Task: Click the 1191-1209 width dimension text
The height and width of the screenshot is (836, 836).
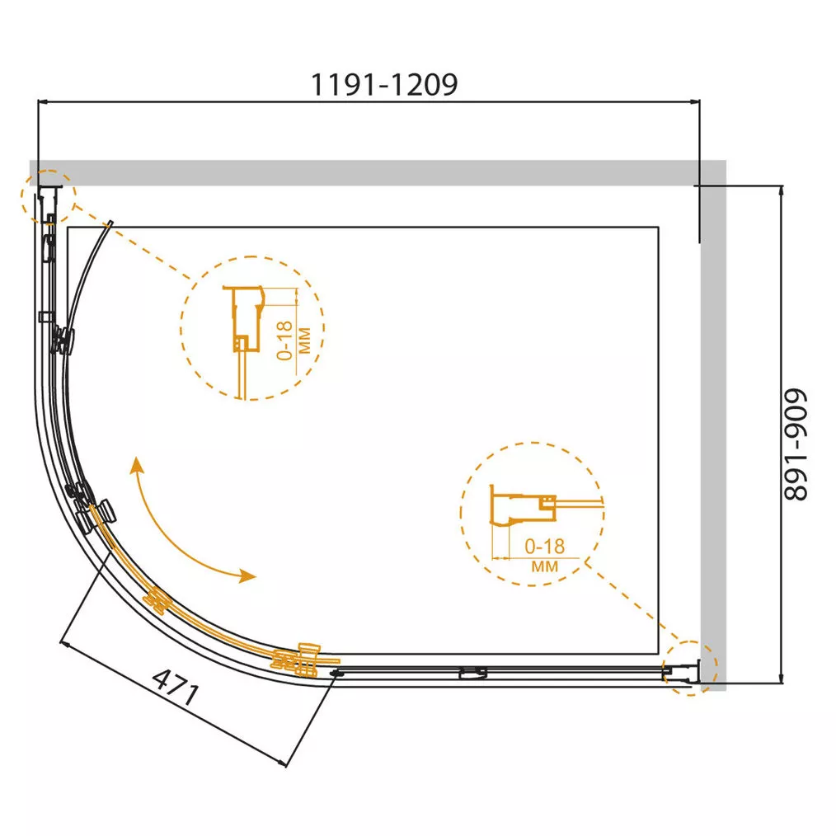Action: click(384, 85)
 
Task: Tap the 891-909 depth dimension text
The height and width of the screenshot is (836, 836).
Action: click(796, 444)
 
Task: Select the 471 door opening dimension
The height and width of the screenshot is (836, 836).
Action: click(176, 688)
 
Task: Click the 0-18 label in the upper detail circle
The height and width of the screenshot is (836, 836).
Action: click(285, 341)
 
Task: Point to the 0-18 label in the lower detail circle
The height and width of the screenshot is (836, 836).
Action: click(544, 546)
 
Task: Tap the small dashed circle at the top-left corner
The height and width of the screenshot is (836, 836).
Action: click(48, 197)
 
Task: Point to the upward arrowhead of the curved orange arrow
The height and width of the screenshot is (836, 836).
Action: click(137, 464)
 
